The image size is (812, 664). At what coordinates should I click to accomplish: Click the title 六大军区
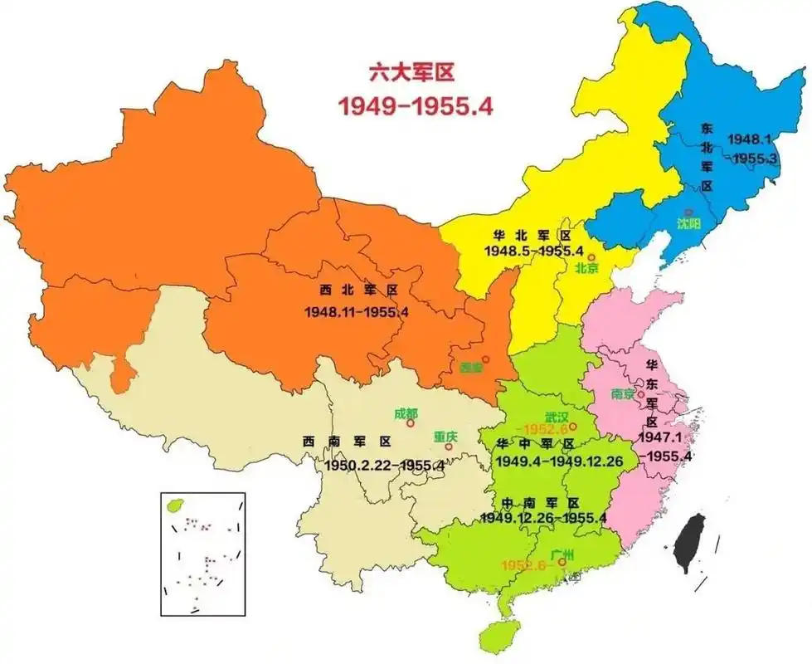pos(413,73)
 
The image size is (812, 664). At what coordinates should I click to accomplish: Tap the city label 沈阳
pos(688,223)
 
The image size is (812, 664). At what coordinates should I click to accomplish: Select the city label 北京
pos(588,269)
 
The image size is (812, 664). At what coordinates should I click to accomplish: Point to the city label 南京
pos(622,394)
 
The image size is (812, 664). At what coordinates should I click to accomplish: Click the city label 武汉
pos(557,416)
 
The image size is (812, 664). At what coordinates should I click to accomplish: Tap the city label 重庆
pos(445,436)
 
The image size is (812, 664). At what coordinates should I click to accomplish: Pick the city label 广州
pos(562,552)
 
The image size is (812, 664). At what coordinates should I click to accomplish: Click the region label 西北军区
pos(358,290)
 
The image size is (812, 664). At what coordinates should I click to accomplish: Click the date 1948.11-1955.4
pos(357,312)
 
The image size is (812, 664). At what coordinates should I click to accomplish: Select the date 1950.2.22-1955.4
pos(384,466)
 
